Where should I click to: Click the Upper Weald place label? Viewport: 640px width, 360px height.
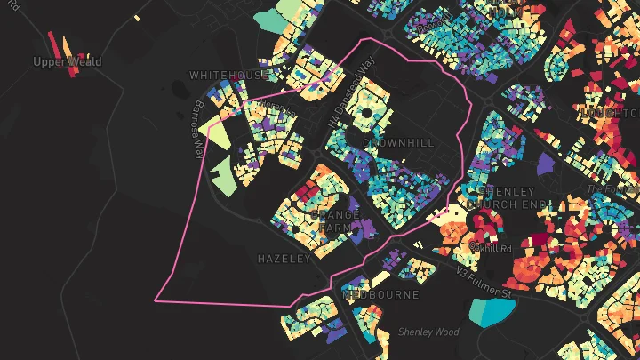68,62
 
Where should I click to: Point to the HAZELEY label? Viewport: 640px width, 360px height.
284,259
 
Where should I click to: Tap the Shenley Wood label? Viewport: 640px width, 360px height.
428,332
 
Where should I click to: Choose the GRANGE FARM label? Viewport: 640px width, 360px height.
334,221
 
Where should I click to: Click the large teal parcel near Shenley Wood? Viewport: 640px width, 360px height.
491,310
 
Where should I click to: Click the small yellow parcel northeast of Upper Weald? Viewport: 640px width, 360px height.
137,18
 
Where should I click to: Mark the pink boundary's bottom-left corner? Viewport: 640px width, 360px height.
156,300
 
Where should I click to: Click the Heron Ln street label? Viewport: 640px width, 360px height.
276,109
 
